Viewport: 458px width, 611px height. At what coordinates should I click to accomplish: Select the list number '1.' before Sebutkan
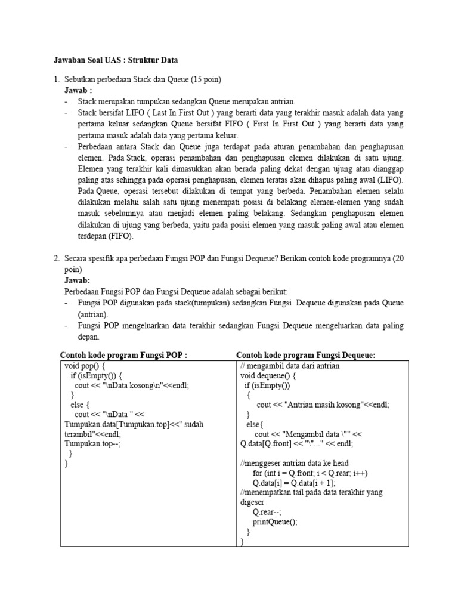tap(57, 79)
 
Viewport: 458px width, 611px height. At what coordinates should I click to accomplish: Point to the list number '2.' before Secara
tap(57, 258)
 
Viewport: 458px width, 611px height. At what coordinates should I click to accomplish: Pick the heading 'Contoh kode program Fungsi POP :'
tap(123, 355)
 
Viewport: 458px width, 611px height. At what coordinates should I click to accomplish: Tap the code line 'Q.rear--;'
tap(267, 511)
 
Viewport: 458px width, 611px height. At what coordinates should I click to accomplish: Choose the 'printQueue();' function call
tap(274, 521)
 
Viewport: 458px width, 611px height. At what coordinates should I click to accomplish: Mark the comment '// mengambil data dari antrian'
tap(289, 365)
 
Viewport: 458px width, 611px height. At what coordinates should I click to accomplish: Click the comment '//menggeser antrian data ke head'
tap(294, 463)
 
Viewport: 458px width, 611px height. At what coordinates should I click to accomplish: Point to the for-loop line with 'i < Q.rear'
tap(310, 473)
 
